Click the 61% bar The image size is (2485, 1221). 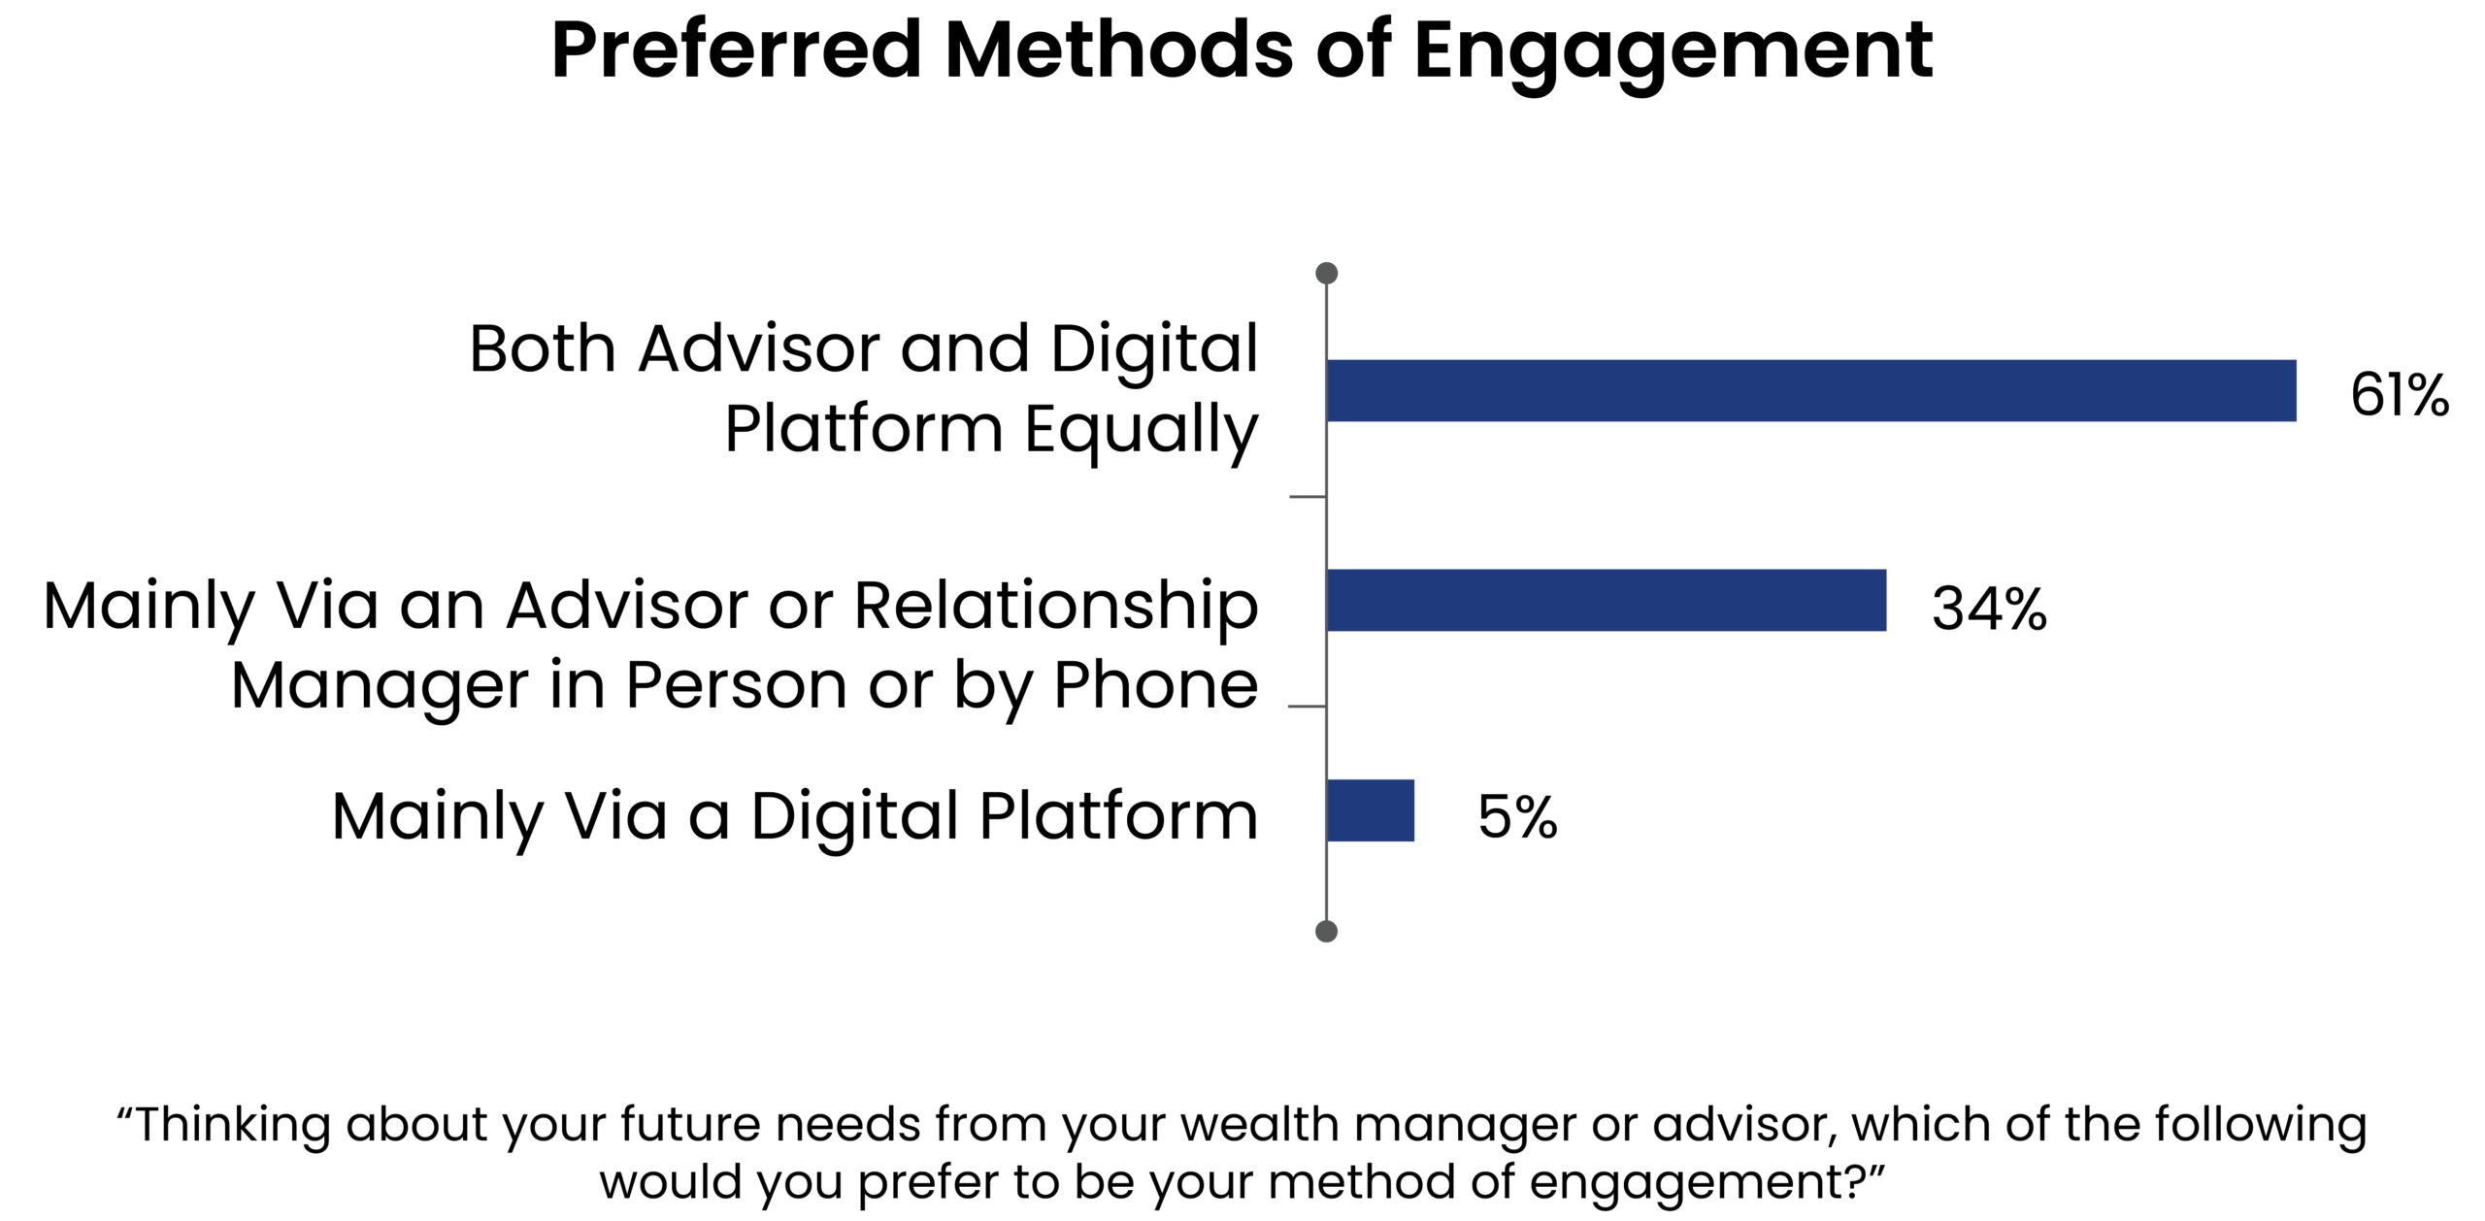[x=1811, y=390]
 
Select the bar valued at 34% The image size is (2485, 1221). [x=1607, y=600]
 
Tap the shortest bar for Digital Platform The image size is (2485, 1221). [x=1371, y=810]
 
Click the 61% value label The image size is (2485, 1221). [x=2400, y=395]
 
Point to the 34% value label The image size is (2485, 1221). [x=1989, y=609]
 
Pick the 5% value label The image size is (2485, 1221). [x=1517, y=816]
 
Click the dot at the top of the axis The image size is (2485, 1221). [x=1326, y=273]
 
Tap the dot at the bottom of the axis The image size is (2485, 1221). [x=1326, y=932]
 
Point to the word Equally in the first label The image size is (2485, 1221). [x=1142, y=431]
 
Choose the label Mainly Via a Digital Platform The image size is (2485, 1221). [x=795, y=817]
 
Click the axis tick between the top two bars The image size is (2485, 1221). [x=1308, y=496]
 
